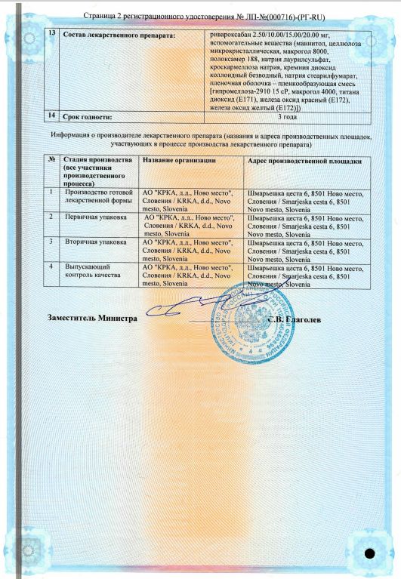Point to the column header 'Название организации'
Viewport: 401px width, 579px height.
[179, 162]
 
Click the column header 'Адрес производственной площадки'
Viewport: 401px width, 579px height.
[304, 162]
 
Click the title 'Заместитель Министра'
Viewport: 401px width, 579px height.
[91, 319]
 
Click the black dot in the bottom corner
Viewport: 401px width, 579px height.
[369, 554]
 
